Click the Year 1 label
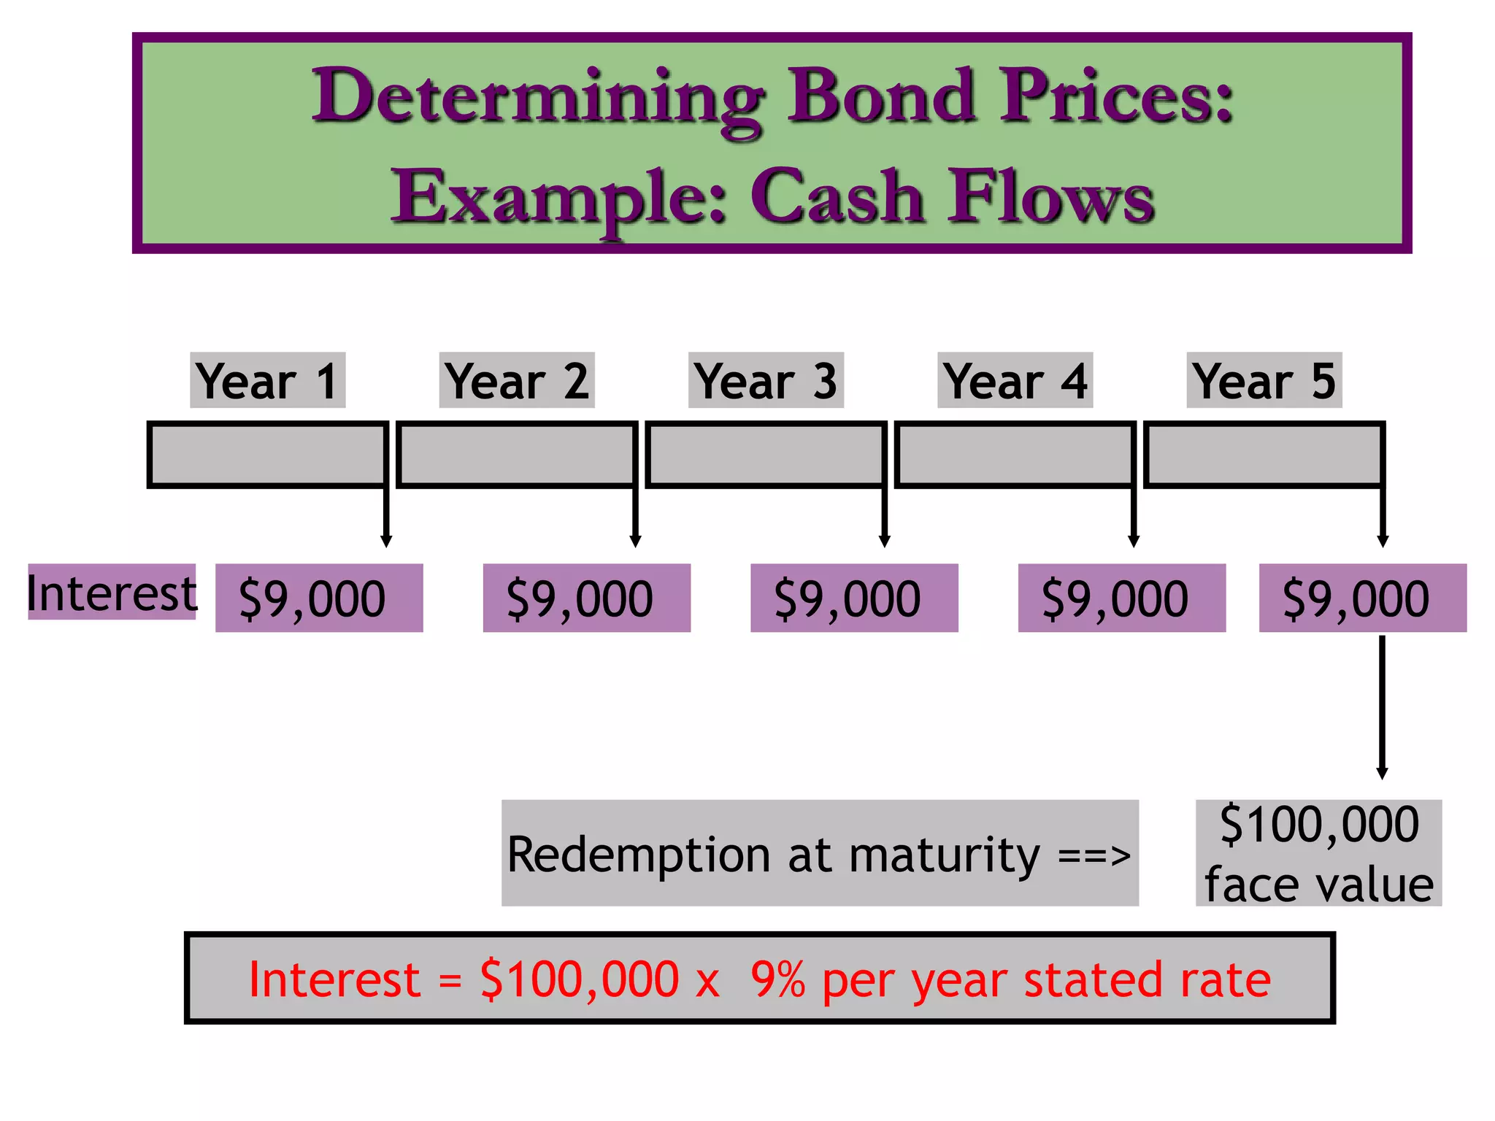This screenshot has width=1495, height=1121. (x=267, y=380)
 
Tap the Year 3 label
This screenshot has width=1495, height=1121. (x=766, y=380)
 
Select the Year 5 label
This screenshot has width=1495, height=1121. (x=1264, y=380)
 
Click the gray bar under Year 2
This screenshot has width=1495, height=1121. (x=516, y=454)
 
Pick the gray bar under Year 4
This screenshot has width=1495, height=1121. (x=1014, y=454)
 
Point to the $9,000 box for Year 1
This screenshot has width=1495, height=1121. (x=319, y=598)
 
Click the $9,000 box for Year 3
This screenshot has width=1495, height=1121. (x=854, y=598)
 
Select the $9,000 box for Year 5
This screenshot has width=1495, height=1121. (x=1362, y=598)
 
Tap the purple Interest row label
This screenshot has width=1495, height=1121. (x=112, y=593)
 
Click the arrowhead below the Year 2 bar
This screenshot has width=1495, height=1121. (x=635, y=541)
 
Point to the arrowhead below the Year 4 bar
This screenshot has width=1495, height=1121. (x=1134, y=541)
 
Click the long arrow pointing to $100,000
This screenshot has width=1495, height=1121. (x=1382, y=708)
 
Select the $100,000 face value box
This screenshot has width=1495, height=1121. (x=1318, y=852)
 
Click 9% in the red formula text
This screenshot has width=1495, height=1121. (x=777, y=979)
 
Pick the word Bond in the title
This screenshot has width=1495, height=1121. (x=880, y=96)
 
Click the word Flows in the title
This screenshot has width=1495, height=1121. (x=1050, y=197)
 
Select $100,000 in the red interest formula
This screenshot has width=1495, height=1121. (x=580, y=979)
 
